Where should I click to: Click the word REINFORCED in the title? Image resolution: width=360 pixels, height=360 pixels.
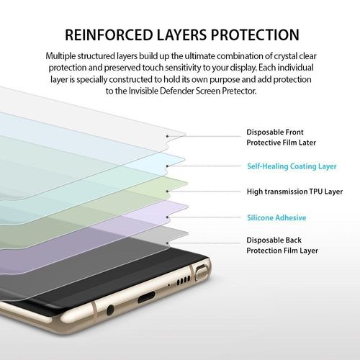pos(109,35)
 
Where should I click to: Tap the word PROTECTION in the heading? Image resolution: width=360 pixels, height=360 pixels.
pos(255,35)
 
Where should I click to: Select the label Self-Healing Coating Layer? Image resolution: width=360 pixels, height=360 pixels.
pos(292,166)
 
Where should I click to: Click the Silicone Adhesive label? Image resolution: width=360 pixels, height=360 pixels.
pos(276,217)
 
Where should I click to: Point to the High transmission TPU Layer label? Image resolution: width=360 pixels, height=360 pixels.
pos(294,192)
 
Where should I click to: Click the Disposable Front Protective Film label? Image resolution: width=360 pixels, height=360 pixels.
pos(281,138)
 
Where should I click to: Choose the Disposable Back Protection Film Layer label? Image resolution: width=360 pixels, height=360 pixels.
pos(282,246)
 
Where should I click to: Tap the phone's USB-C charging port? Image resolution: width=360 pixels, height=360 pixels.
pos(146,297)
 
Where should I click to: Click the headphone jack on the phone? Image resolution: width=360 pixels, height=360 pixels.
pos(110,310)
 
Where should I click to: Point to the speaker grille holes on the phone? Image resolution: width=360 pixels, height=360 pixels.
pos(184,281)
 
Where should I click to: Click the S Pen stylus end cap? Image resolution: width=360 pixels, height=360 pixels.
pos(201,273)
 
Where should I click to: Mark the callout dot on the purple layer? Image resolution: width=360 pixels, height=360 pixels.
pos(167,217)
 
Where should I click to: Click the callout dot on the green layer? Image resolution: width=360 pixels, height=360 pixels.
pos(167,192)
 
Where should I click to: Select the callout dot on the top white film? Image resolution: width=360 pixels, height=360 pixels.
pos(167,136)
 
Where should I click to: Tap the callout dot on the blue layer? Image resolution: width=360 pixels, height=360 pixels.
pos(167,166)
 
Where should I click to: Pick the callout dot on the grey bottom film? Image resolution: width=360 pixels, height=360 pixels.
pos(167,243)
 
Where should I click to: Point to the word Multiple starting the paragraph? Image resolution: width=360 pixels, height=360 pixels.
pos(60,56)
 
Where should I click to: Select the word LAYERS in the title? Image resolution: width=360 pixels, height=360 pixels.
pos(181,35)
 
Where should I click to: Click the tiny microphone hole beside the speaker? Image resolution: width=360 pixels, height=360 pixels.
pos(169,285)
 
